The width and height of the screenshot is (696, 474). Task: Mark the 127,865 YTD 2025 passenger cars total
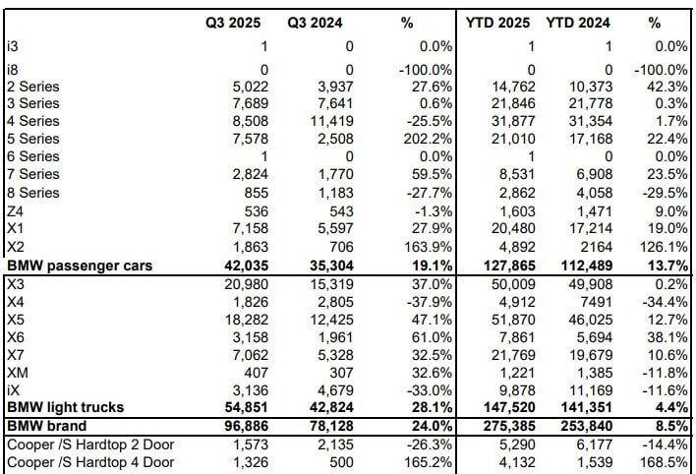[508, 266]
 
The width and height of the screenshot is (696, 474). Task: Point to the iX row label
[13, 391]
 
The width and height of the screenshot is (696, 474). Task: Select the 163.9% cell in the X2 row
[430, 248]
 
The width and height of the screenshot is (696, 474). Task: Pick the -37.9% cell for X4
[430, 302]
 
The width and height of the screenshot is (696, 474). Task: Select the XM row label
[16, 374]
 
